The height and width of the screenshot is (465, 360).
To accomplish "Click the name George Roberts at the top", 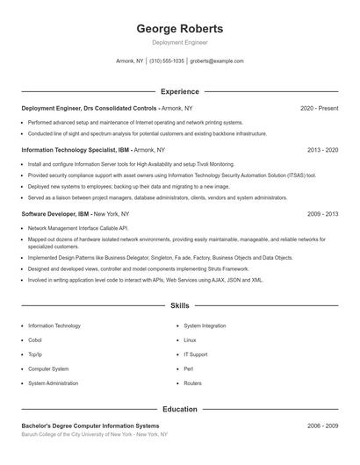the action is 180,28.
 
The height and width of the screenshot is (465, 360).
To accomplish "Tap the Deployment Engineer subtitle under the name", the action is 180,42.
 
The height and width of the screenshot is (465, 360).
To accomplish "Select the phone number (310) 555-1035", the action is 167,61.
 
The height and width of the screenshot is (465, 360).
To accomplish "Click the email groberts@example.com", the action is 217,61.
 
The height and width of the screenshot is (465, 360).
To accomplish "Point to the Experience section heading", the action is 180,91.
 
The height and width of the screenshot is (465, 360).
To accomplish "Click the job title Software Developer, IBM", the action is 54,214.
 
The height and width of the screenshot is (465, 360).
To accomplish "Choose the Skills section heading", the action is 180,306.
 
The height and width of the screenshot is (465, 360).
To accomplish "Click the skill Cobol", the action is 35,340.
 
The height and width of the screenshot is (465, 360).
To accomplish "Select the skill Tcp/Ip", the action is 35,354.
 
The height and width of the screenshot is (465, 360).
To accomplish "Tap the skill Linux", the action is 190,340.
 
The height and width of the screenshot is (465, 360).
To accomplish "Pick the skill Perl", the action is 188,368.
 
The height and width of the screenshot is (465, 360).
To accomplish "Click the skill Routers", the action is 192,383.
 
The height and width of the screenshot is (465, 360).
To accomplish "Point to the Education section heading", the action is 180,409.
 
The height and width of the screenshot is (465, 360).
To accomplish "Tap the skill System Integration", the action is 205,325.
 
